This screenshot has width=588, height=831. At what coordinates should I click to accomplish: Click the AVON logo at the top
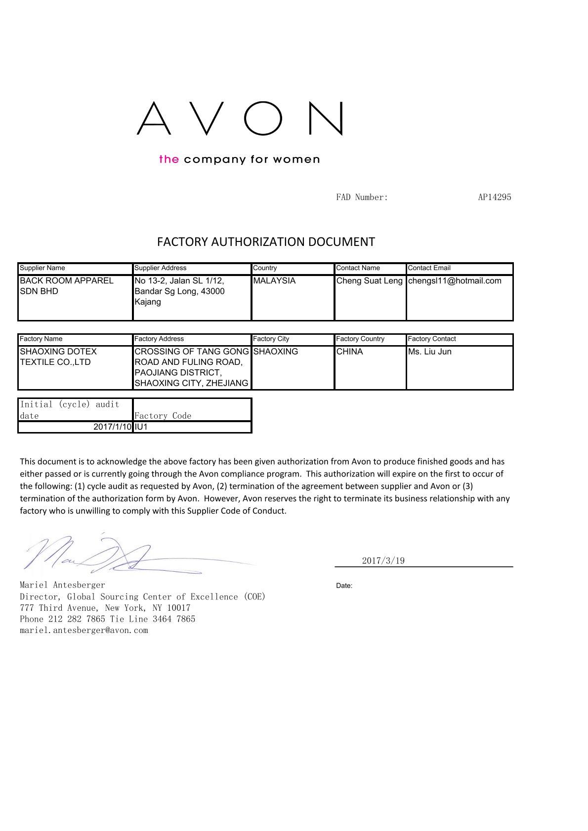pyautogui.click(x=240, y=119)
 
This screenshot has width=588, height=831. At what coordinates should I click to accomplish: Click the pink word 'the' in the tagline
pyautogui.click(x=168, y=159)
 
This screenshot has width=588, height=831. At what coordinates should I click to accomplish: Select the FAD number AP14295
pyautogui.click(x=494, y=198)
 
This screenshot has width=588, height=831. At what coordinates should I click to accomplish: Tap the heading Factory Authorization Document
pyautogui.click(x=266, y=242)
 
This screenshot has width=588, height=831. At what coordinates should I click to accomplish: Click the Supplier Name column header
pyautogui.click(x=42, y=268)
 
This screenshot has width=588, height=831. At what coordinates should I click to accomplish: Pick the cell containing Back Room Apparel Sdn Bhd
pyautogui.click(x=66, y=286)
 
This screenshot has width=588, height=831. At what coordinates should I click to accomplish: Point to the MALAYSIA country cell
pyautogui.click(x=274, y=281)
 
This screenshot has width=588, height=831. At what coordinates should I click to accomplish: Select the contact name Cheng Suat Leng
pyautogui.click(x=369, y=281)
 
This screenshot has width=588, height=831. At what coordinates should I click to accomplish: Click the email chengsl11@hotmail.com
pyautogui.click(x=455, y=281)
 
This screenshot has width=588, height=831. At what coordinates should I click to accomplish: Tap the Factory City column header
pyautogui.click(x=271, y=339)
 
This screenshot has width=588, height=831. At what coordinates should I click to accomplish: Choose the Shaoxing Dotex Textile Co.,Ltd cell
pyautogui.click(x=58, y=356)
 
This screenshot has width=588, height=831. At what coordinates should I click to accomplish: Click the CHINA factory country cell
pyautogui.click(x=349, y=352)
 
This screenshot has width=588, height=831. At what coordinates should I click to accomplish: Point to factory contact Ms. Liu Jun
pyautogui.click(x=429, y=352)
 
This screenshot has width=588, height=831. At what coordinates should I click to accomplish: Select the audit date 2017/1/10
pyautogui.click(x=113, y=427)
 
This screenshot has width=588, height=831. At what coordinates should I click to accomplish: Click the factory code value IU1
pyautogui.click(x=141, y=427)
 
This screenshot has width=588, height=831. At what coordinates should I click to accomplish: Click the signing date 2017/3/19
pyautogui.click(x=383, y=560)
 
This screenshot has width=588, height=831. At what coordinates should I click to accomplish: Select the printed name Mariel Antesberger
pyautogui.click(x=62, y=585)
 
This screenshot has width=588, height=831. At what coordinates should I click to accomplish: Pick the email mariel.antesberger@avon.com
pyautogui.click(x=84, y=631)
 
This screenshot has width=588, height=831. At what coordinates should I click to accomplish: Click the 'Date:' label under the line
pyautogui.click(x=344, y=586)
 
